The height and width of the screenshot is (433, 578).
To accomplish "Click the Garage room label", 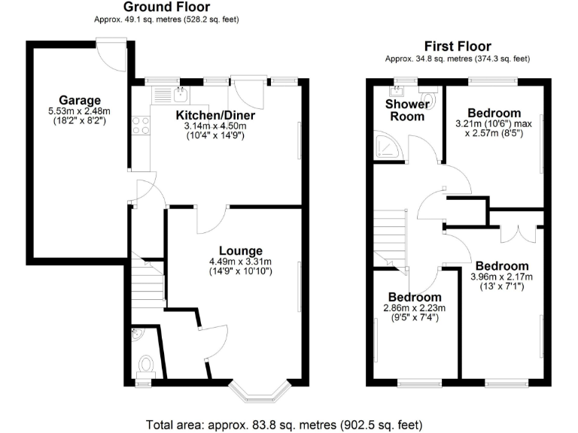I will [79, 100].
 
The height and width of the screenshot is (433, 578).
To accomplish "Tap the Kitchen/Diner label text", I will [215, 115].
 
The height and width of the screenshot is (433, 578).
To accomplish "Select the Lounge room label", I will [240, 250].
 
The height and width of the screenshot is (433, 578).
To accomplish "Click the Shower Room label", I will [405, 110].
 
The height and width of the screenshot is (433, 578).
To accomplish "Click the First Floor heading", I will [458, 45].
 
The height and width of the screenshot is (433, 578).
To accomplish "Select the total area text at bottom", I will [288, 424].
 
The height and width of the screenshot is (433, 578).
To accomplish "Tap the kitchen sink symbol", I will [181, 94].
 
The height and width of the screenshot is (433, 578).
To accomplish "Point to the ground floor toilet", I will [145, 365].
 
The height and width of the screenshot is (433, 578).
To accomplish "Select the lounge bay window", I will [259, 390].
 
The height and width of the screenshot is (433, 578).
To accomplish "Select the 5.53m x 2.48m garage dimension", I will [78, 114].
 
